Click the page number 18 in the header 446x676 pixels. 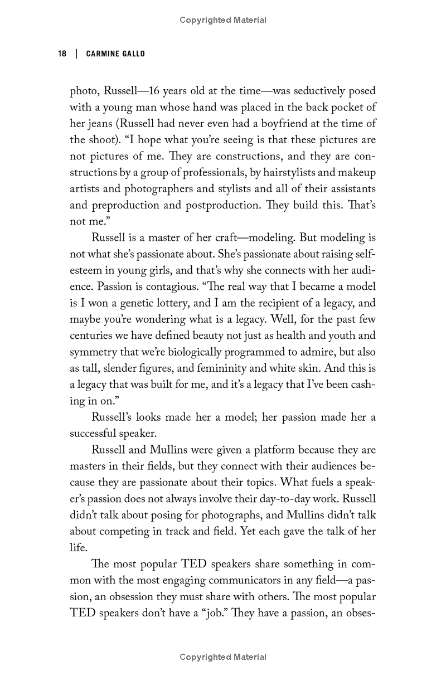[62, 54]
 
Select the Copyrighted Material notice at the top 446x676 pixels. [223, 20]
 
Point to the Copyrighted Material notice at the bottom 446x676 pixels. [223, 657]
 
